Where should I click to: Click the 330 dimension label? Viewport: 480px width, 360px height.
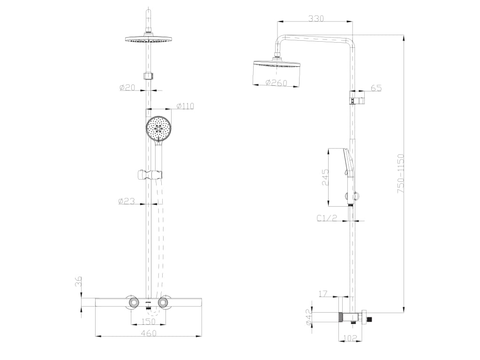pyautogui.click(x=316, y=19)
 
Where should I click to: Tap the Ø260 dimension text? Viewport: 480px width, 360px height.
pyautogui.click(x=276, y=83)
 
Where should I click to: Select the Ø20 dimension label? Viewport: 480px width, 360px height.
pyautogui.click(x=127, y=87)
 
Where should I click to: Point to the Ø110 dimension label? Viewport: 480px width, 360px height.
pyautogui.click(x=185, y=106)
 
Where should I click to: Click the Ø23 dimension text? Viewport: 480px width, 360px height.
pyautogui.click(x=127, y=201)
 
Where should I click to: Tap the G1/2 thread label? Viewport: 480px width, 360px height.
pyautogui.click(x=327, y=218)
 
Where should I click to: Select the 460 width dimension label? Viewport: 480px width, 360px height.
pyautogui.click(x=148, y=333)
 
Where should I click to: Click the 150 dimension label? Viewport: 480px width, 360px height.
pyautogui.click(x=149, y=322)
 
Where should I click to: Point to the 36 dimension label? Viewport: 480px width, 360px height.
pyautogui.click(x=79, y=282)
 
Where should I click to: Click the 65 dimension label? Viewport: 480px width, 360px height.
pyautogui.click(x=376, y=88)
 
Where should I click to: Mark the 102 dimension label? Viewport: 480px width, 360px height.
pyautogui.click(x=350, y=338)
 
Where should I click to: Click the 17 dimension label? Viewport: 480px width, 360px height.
pyautogui.click(x=322, y=294)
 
